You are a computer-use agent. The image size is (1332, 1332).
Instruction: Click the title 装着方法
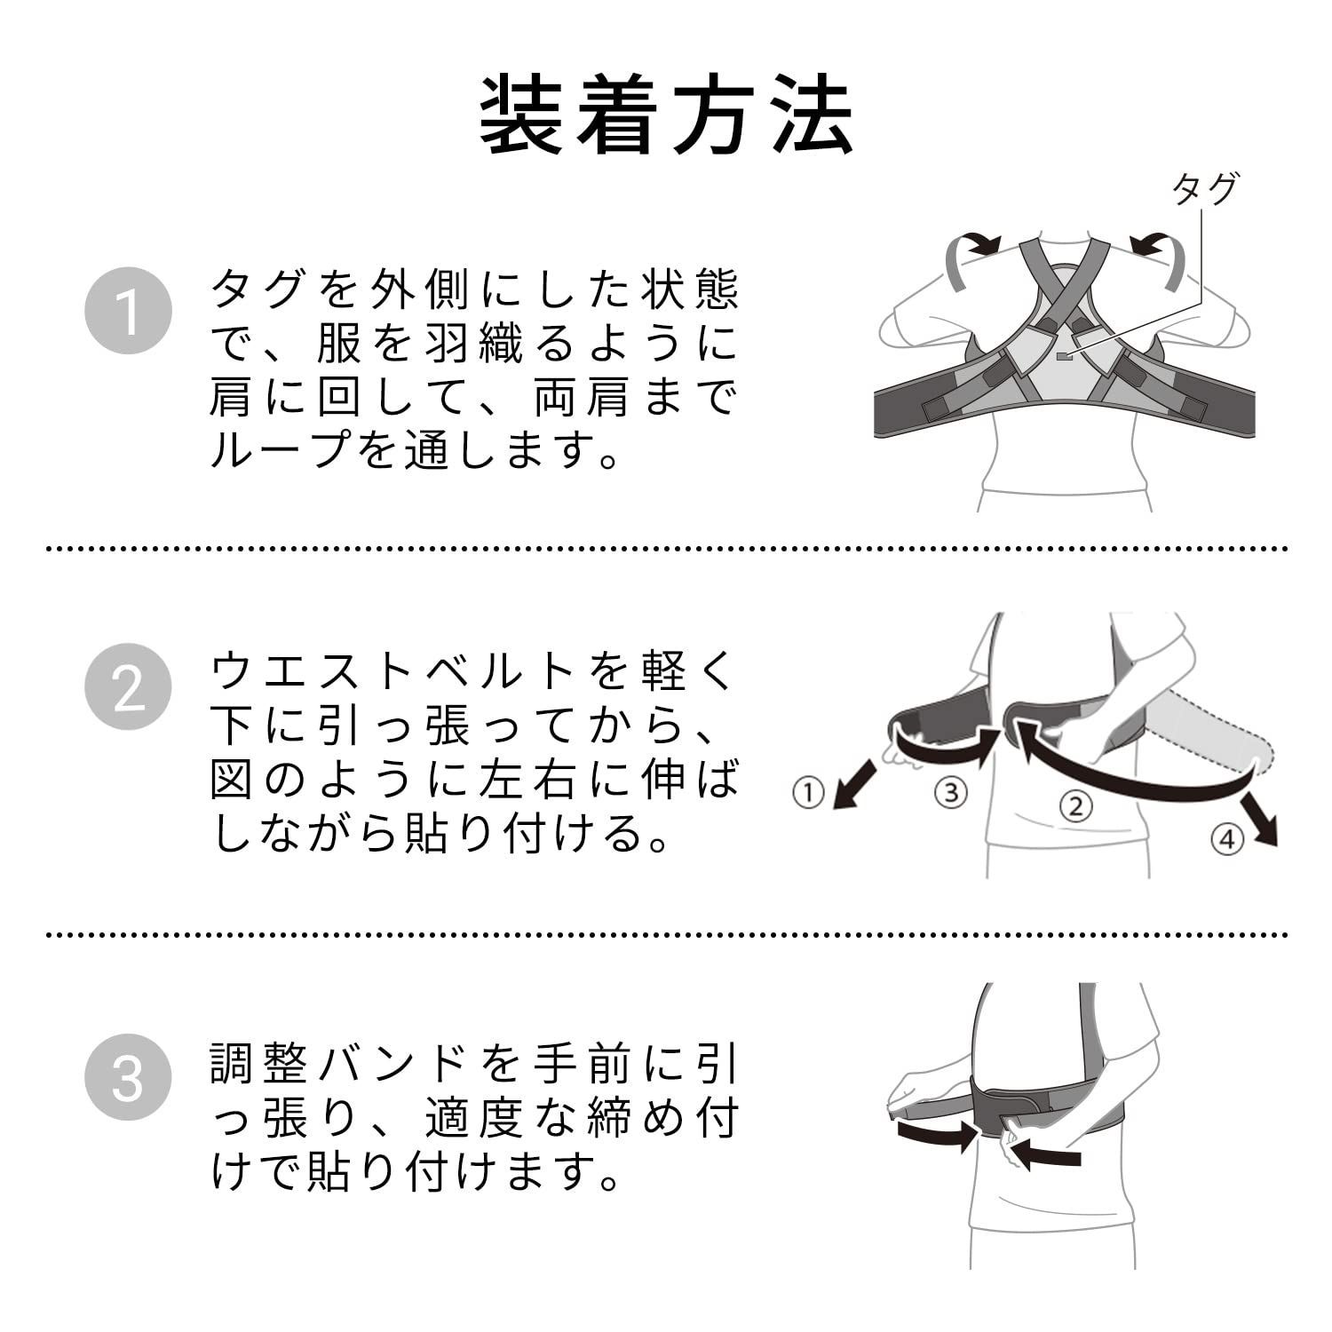pyautogui.click(x=666, y=116)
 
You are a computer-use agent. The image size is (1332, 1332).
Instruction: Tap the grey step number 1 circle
pyautogui.click(x=128, y=311)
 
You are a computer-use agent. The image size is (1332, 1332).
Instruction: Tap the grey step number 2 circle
pyautogui.click(x=128, y=686)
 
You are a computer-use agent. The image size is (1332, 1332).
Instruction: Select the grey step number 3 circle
pyautogui.click(x=128, y=1076)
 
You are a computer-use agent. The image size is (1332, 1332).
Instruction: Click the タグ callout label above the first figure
pyautogui.click(x=1203, y=189)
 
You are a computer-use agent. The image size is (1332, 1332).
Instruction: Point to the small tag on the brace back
pyautogui.click(x=1064, y=357)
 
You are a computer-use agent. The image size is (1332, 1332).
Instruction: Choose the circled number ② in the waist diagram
pyautogui.click(x=1075, y=806)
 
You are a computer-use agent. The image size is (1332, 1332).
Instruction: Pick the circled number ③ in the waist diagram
pyautogui.click(x=951, y=791)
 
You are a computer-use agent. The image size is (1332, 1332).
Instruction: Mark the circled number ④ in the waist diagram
pyautogui.click(x=1227, y=839)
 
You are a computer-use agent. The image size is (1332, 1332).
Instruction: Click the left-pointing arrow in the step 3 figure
pyautogui.click(x=1048, y=1155)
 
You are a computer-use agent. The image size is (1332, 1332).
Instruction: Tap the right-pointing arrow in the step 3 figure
pyautogui.click(x=937, y=1134)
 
